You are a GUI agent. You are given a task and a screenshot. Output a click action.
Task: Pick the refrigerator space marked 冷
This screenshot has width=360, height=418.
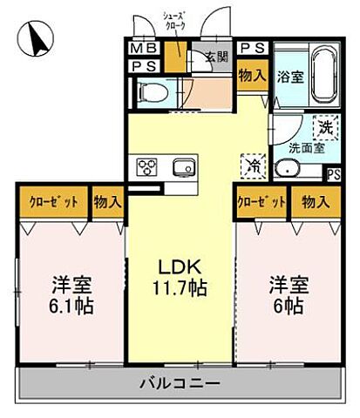coord(254,163)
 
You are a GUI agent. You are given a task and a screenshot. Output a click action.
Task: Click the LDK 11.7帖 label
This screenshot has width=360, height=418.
coord(180,276)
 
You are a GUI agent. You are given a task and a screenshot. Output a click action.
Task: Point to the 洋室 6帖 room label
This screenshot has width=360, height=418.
coord(287,294)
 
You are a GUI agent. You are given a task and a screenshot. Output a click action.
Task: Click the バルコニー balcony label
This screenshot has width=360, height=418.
coord(180,382)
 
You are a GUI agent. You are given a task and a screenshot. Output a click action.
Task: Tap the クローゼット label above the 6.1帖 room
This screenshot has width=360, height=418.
coord(51,201)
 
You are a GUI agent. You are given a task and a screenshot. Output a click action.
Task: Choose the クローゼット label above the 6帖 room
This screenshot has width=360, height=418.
coord(262,201)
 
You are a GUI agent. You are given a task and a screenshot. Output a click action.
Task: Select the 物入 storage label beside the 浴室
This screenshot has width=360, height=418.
coord(251,77)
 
